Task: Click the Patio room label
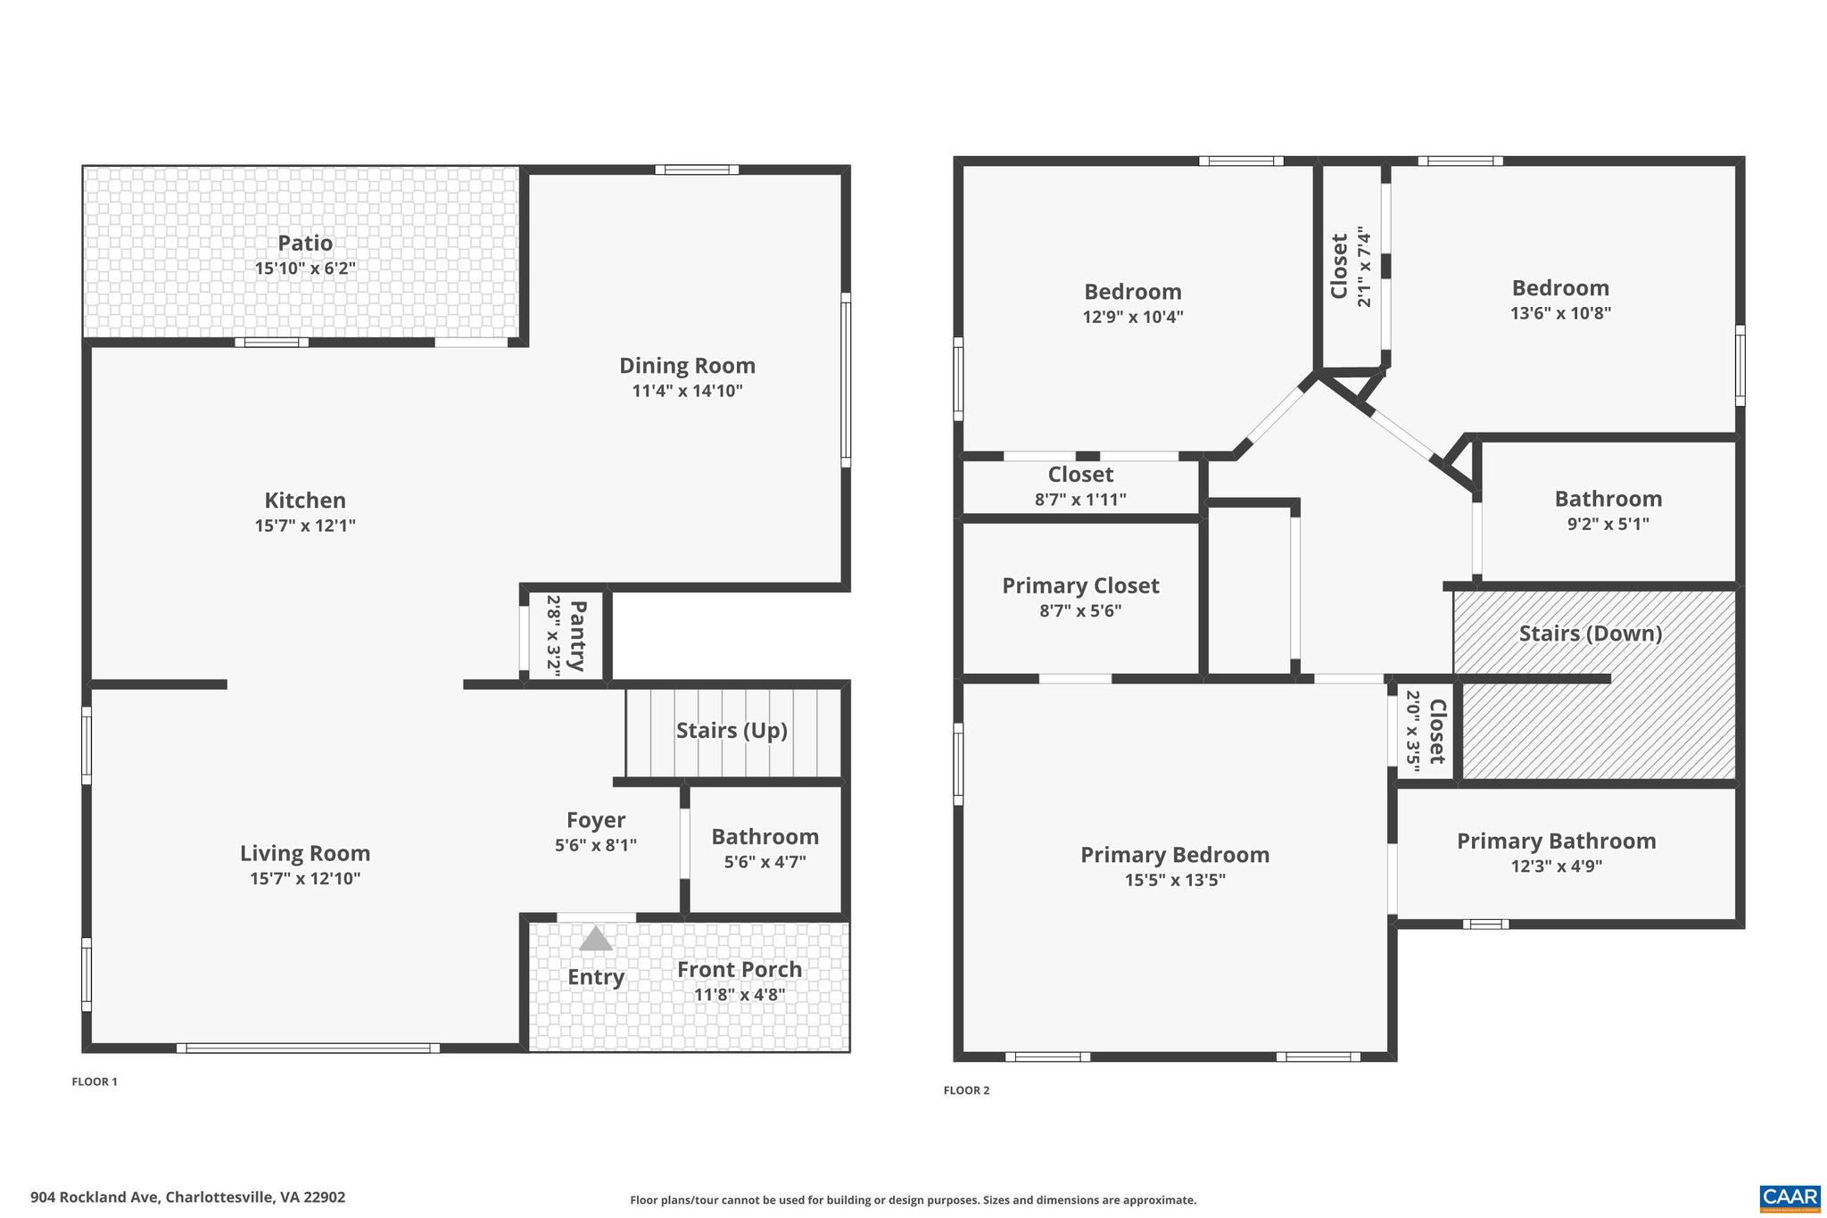pyautogui.click(x=305, y=243)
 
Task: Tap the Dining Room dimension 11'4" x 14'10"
pyautogui.click(x=687, y=391)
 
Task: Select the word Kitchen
pyautogui.click(x=305, y=501)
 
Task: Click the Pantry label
pyautogui.click(x=577, y=635)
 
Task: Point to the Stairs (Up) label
pyautogui.click(x=732, y=731)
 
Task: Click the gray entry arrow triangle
pyautogui.click(x=596, y=939)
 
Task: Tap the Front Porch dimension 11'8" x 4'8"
pyautogui.click(x=740, y=994)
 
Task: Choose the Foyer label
pyautogui.click(x=596, y=820)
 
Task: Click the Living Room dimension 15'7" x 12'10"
pyautogui.click(x=305, y=879)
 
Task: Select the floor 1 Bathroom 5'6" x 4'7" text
pyautogui.click(x=765, y=862)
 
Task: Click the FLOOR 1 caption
pyautogui.click(x=95, y=1081)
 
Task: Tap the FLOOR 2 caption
pyautogui.click(x=967, y=1090)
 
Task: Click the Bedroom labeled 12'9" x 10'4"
pyautogui.click(x=1133, y=292)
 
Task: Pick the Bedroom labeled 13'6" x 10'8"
pyautogui.click(x=1560, y=288)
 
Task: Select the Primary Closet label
pyautogui.click(x=1080, y=586)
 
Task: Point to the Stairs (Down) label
pyautogui.click(x=1591, y=634)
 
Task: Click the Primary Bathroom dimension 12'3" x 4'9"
pyautogui.click(x=1556, y=866)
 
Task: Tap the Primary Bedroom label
pyautogui.click(x=1175, y=855)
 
